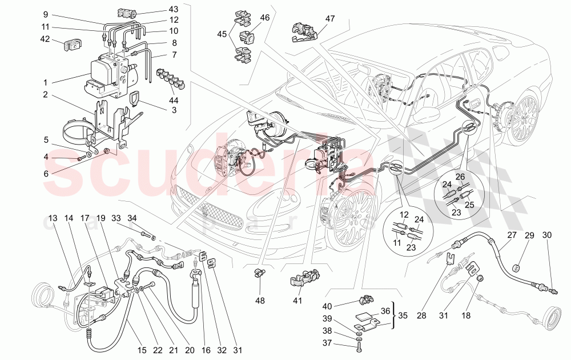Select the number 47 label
329,18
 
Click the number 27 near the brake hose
511,234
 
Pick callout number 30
547,235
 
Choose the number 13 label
53,218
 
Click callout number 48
260,301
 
